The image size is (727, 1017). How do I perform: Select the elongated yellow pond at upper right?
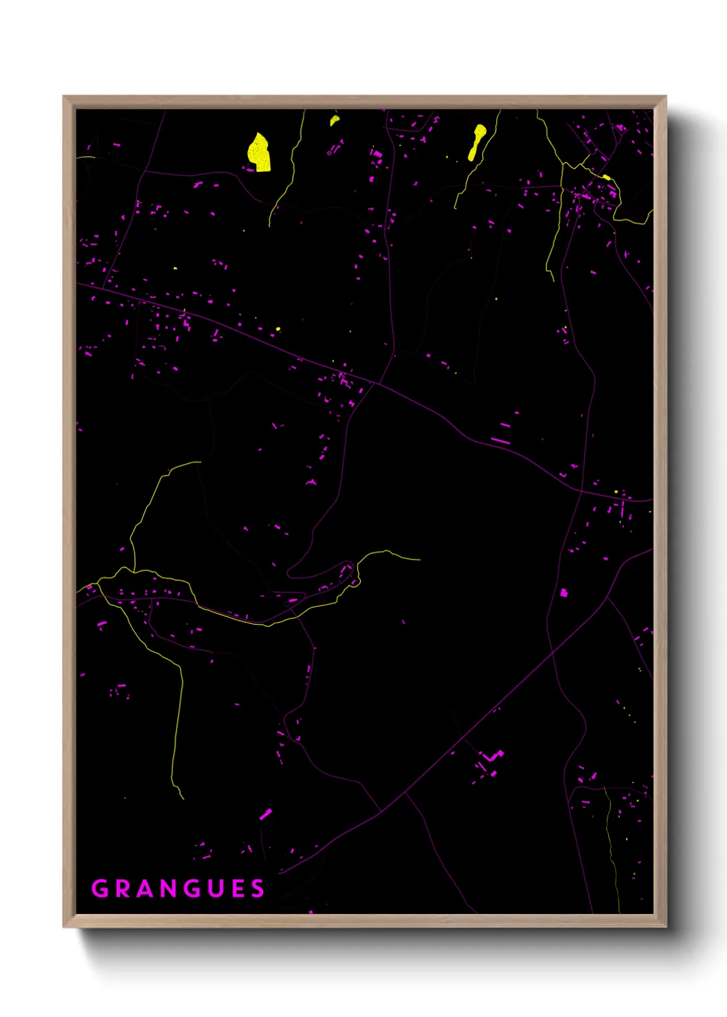click(476, 142)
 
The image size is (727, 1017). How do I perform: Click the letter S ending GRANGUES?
click(258, 889)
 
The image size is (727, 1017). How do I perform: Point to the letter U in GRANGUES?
click(215, 889)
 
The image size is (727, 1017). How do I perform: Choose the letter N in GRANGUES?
click(169, 889)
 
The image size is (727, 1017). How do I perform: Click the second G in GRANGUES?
click(192, 889)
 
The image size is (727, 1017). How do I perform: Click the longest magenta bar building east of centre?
click(500, 440)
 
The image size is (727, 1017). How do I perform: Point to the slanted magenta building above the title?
click(265, 814)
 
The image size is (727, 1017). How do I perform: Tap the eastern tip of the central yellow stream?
click(419, 559)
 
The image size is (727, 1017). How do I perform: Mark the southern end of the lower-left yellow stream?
click(183, 798)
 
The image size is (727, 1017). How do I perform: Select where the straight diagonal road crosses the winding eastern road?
click(553, 653)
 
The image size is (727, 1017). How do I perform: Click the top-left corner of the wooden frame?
click(65, 98)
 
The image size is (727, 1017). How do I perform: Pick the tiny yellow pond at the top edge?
click(334, 120)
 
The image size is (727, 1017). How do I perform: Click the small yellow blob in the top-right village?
click(606, 177)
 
